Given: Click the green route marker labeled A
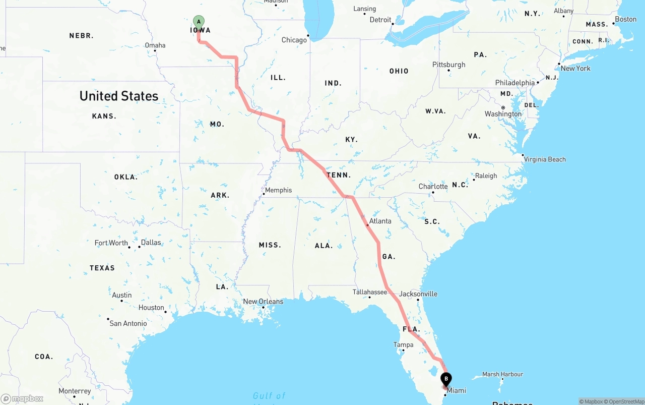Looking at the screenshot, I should click(x=199, y=22).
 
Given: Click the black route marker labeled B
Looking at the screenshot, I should click(x=446, y=379).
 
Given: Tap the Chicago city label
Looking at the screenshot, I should click(x=294, y=40).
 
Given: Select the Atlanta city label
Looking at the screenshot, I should click(x=380, y=221).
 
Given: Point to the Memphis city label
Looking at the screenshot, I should click(x=278, y=190).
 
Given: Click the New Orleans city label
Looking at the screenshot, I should click(x=263, y=302).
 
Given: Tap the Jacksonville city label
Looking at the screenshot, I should click(x=418, y=294).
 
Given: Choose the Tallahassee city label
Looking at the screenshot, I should click(x=369, y=292).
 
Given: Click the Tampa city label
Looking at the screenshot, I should click(x=403, y=345).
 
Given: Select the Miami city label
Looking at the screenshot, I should click(x=457, y=390).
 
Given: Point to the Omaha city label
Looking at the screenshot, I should click(x=155, y=45).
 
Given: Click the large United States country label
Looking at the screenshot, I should click(x=119, y=96).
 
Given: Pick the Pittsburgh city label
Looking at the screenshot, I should click(x=449, y=65).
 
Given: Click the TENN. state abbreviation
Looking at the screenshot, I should click(x=339, y=176).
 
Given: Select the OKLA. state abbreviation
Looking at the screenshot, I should click(x=125, y=177).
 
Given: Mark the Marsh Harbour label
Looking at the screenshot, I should click(x=502, y=374).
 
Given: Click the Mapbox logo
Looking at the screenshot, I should click(x=22, y=398).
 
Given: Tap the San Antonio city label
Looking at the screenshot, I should click(x=128, y=323).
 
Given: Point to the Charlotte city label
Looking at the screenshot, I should click(x=433, y=187).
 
